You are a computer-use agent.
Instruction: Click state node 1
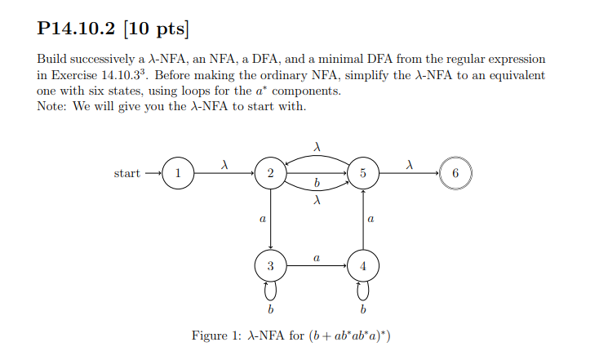click(178, 173)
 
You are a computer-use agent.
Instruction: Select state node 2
click(270, 173)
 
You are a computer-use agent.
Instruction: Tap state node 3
click(270, 266)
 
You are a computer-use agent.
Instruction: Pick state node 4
click(363, 266)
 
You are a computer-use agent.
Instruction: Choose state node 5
click(363, 173)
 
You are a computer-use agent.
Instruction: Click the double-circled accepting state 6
click(455, 173)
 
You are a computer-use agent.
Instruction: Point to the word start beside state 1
click(127, 173)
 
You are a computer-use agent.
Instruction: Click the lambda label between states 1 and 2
click(224, 165)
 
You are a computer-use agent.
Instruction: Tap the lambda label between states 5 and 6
click(409, 165)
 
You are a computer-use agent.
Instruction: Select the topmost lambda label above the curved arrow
click(317, 146)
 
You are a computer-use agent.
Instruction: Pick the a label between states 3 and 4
click(317, 258)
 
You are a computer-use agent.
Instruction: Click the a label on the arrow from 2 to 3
click(261, 220)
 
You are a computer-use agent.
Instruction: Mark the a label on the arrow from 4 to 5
click(371, 220)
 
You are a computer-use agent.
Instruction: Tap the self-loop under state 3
click(270, 291)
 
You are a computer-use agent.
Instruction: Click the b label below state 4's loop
click(363, 310)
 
